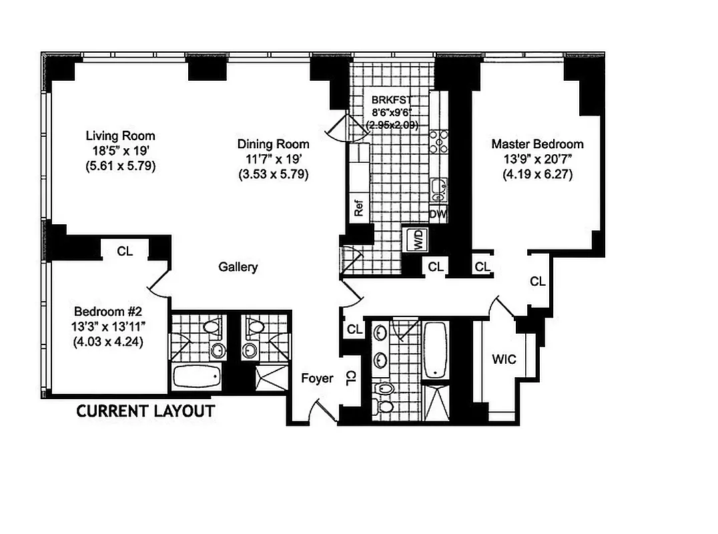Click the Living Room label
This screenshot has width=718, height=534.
tap(120, 136)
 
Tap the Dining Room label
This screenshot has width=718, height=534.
tap(273, 144)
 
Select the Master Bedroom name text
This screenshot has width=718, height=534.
tap(537, 144)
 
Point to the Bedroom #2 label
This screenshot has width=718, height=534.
tap(108, 311)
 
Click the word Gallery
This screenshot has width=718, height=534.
tap(238, 267)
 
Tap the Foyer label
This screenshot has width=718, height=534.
tap(317, 378)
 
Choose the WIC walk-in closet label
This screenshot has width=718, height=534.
tap(504, 359)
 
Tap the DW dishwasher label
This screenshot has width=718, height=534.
tap(437, 214)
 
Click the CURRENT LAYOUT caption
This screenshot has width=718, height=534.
tap(145, 411)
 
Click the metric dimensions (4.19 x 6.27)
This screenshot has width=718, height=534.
tap(537, 175)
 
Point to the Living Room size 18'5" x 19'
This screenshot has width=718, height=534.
tap(120, 152)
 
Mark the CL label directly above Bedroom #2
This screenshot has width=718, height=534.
tap(125, 252)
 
